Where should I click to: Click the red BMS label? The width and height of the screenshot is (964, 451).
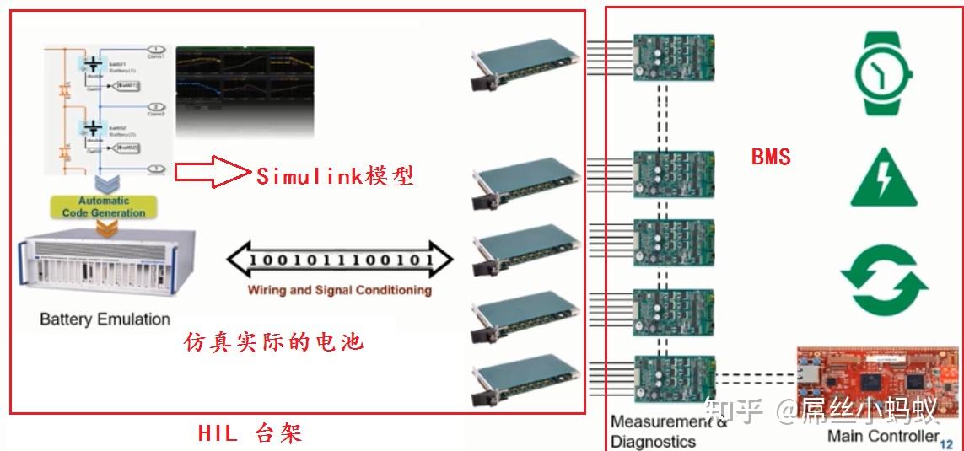coord(771,157)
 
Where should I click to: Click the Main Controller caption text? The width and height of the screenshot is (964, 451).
coord(883,436)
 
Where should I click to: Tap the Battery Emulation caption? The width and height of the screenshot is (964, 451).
coord(105,319)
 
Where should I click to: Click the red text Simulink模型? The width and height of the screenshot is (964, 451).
coord(335,176)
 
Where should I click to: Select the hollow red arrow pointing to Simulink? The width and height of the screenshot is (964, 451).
coord(213,172)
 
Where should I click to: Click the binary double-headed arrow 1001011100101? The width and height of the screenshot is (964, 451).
coord(341,260)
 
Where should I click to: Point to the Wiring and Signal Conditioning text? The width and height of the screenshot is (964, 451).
coord(339,290)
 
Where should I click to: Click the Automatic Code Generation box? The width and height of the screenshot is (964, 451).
coord(103,207)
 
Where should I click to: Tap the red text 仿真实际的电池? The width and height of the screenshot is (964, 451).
coord(273,343)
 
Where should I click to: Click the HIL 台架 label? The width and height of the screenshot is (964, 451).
coord(250,433)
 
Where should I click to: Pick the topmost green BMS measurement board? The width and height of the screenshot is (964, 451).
coord(674,56)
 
